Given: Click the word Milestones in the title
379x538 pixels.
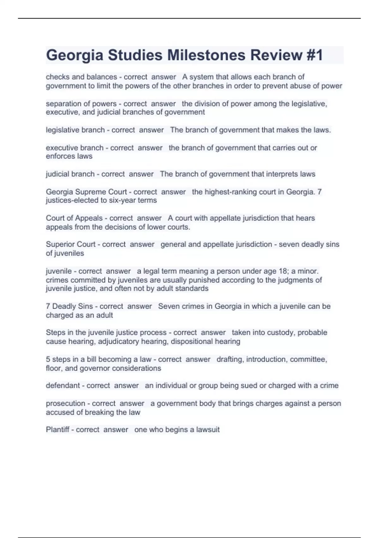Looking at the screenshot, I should [206, 55].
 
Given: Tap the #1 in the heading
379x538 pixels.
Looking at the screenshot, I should [314, 55].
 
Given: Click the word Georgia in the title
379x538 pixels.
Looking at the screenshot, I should [75, 55].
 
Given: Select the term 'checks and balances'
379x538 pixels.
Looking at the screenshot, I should [81, 77].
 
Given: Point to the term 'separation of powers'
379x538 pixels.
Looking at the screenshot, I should [81, 103].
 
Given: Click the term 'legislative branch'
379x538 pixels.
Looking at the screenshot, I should [75, 130].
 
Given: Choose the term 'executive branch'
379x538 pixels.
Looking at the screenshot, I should [75, 148].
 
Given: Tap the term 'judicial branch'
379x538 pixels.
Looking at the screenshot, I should [70, 174].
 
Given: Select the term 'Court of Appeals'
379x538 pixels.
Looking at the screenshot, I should [74, 218].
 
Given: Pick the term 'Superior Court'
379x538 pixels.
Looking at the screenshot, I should [70, 244].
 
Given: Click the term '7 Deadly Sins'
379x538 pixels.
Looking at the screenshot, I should [69, 306].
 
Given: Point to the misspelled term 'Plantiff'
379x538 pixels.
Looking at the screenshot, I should [57, 429].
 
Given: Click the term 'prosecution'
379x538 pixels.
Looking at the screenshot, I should [65, 403].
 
